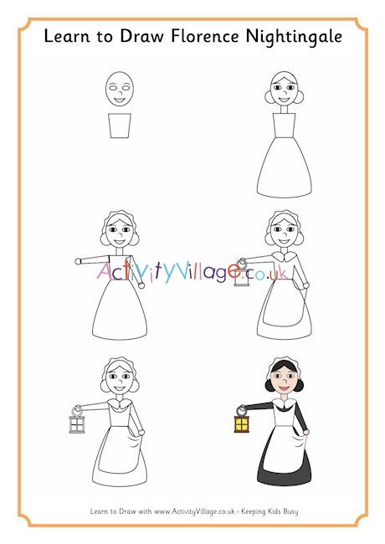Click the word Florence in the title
[198, 37]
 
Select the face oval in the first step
[120, 90]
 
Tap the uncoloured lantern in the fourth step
[242, 280]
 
